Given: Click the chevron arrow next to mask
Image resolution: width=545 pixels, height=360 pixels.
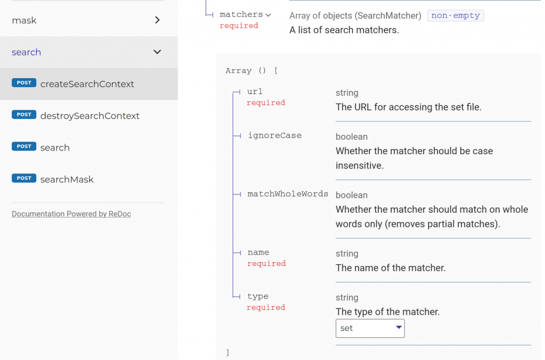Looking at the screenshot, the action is click(x=158, y=20).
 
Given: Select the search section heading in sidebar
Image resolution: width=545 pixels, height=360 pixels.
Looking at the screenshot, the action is click(x=27, y=52).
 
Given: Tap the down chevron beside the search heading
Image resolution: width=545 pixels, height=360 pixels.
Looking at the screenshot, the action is click(x=158, y=52).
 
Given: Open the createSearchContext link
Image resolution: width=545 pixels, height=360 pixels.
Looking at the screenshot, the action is click(x=87, y=84).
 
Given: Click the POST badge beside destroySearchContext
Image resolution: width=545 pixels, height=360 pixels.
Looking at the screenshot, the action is click(x=24, y=114).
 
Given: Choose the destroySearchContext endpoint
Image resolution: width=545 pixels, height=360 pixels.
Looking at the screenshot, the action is click(x=89, y=116).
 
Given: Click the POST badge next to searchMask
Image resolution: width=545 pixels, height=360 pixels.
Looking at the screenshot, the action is click(x=24, y=178).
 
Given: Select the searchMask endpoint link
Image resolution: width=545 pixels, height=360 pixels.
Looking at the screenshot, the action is click(x=67, y=180).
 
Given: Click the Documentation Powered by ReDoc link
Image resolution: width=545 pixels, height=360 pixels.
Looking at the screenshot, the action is click(x=71, y=214).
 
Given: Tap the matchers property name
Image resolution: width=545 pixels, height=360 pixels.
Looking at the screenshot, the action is click(x=241, y=14).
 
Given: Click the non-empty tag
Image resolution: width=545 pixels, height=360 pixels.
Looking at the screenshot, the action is click(x=456, y=15).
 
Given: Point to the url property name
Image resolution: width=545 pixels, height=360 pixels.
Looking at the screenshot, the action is click(x=255, y=91).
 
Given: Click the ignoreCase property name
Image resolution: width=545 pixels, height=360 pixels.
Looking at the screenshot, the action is click(x=275, y=136).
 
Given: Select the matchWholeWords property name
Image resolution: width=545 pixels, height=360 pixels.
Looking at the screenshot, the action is click(x=288, y=194).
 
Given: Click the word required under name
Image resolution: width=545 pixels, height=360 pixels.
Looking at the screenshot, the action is click(x=267, y=264).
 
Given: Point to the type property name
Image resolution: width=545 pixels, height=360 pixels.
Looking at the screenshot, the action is click(x=258, y=297).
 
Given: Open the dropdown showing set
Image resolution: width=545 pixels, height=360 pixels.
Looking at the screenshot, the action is click(x=370, y=329).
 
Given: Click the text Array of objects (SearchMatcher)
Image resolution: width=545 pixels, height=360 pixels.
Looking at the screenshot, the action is click(x=355, y=15).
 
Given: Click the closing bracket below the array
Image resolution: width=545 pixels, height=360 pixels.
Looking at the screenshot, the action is click(x=228, y=353).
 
